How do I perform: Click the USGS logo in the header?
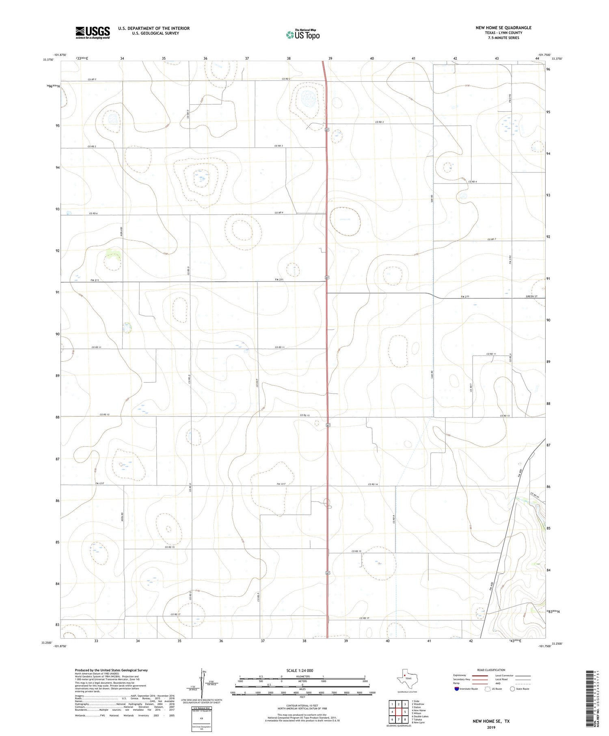tap(93, 32)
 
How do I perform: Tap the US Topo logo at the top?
tap(302, 35)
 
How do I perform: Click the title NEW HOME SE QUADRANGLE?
tap(503, 28)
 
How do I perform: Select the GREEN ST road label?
tap(531, 296)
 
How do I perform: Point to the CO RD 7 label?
tap(492, 240)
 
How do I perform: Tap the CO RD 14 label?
tap(373, 484)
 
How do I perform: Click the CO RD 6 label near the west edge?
tap(93, 213)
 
